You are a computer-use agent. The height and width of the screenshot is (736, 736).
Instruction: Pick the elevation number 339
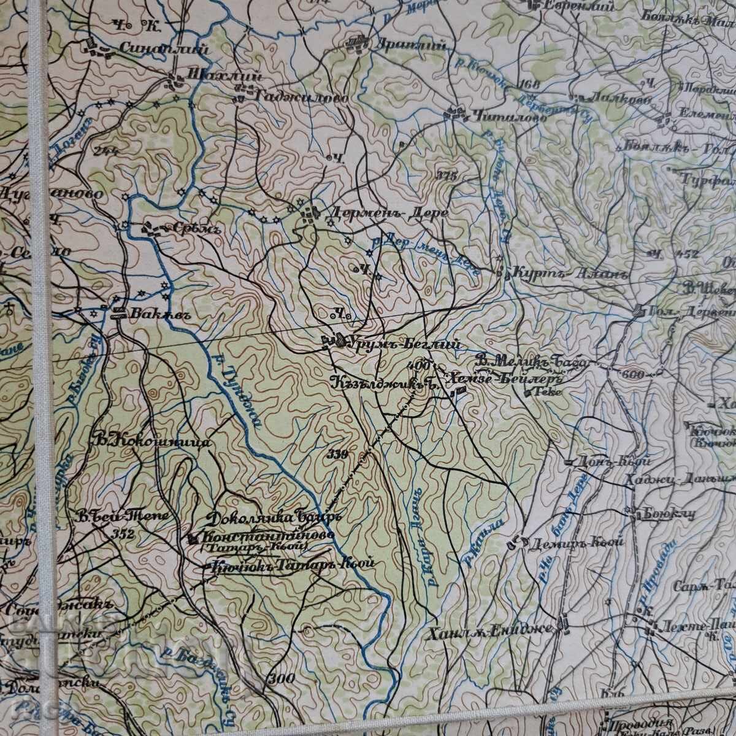pos(338,454)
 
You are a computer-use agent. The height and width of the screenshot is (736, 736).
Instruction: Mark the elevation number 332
pos(124,534)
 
